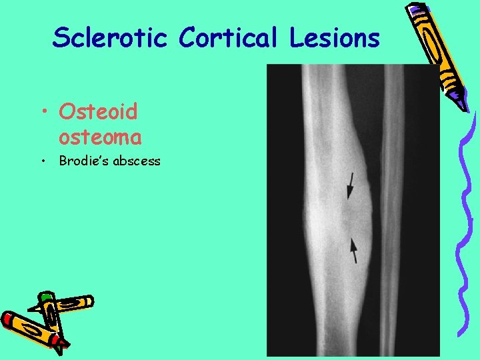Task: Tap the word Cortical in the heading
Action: [231, 37]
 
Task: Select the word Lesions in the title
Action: [335, 37]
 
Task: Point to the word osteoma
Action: [100, 137]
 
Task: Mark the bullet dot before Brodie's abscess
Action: [43, 161]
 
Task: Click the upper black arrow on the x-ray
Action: [349, 185]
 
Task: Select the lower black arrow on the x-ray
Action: [354, 249]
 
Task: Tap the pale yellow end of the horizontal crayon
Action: [87, 301]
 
